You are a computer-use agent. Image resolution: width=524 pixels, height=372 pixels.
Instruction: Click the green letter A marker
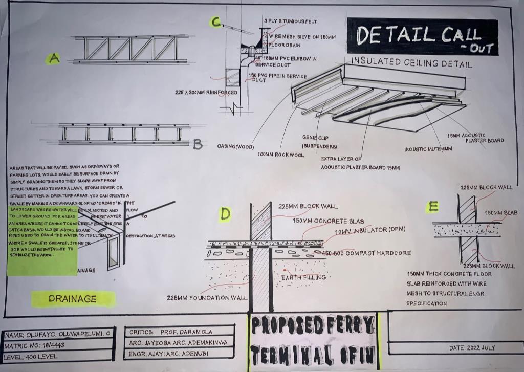54,58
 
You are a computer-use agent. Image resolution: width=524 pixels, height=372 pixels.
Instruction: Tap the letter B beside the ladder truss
198,145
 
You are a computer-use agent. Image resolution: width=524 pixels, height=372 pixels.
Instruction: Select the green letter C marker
216,22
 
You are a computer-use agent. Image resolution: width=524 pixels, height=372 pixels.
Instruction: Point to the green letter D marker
225,214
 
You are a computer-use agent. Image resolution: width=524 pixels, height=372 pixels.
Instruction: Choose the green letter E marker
433,207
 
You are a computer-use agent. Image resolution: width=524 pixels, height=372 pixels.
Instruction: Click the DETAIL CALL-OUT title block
422,36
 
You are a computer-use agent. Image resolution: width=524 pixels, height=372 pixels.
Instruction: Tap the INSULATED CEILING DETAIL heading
411,62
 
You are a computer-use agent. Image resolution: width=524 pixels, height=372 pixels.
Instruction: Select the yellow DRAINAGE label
73,299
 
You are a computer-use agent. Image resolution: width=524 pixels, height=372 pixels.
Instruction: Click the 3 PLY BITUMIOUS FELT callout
291,21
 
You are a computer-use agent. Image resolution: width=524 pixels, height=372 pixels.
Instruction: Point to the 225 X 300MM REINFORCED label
206,93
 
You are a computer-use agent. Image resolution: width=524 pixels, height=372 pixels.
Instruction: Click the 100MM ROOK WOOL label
280,155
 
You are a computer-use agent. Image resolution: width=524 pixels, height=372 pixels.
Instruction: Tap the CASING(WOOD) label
236,147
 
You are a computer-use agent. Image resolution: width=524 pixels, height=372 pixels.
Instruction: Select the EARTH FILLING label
303,277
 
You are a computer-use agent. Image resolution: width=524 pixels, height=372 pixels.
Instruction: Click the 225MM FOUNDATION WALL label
207,297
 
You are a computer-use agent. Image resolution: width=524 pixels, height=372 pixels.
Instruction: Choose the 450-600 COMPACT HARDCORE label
366,253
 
